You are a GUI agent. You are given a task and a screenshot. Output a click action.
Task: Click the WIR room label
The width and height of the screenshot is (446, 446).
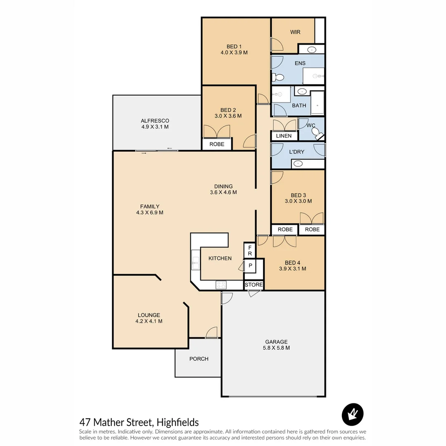(295, 32)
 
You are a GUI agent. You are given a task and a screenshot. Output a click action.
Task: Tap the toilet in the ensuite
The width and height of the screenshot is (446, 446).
(279, 77)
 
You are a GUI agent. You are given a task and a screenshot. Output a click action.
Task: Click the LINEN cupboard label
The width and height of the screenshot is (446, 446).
(284, 136)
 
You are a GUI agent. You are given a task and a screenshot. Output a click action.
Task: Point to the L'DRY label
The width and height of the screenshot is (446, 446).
(297, 152)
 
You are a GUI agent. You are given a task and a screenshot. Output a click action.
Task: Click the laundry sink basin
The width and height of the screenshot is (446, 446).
(297, 164)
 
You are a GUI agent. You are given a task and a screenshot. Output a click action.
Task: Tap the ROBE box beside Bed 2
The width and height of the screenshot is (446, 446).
(217, 144)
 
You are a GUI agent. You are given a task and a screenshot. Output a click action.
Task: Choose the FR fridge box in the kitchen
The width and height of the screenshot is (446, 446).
(250, 250)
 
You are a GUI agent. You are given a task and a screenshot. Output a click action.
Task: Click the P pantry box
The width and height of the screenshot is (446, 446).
(250, 266)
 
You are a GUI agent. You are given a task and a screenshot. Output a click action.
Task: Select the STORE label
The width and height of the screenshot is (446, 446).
(254, 285)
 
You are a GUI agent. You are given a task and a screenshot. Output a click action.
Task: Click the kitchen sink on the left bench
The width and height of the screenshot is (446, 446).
(195, 260)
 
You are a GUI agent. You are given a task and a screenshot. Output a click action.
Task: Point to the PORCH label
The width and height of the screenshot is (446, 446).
(199, 359)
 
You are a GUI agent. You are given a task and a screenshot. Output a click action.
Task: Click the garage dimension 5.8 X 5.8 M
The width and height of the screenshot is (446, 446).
(276, 348)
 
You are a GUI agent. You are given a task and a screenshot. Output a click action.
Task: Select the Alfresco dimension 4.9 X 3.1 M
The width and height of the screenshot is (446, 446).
(155, 127)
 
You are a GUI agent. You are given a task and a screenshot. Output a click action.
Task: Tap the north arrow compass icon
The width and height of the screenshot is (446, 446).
(352, 414)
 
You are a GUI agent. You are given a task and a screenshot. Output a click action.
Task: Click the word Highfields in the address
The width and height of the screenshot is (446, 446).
(178, 422)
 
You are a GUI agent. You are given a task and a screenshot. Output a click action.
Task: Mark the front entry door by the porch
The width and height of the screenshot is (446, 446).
(212, 333)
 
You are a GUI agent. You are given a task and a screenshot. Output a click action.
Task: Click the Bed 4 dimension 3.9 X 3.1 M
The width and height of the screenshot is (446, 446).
(292, 269)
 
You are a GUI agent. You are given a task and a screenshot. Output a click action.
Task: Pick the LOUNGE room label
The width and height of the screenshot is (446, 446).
(149, 315)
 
